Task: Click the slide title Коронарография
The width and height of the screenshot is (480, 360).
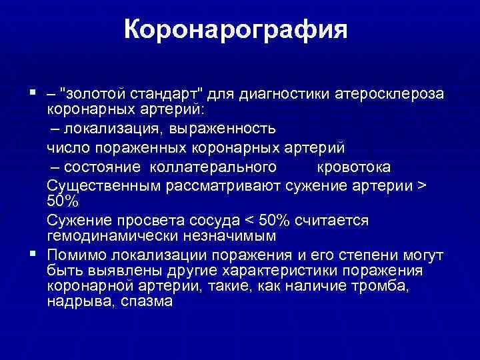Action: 236,30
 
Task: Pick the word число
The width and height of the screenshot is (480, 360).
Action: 65,147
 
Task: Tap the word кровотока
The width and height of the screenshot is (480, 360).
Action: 353,166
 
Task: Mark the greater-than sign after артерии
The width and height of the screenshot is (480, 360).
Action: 419,185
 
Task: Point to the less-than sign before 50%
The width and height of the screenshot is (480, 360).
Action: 253,220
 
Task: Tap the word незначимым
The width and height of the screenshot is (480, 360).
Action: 227,237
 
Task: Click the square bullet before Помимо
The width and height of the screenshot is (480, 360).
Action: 33,254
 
